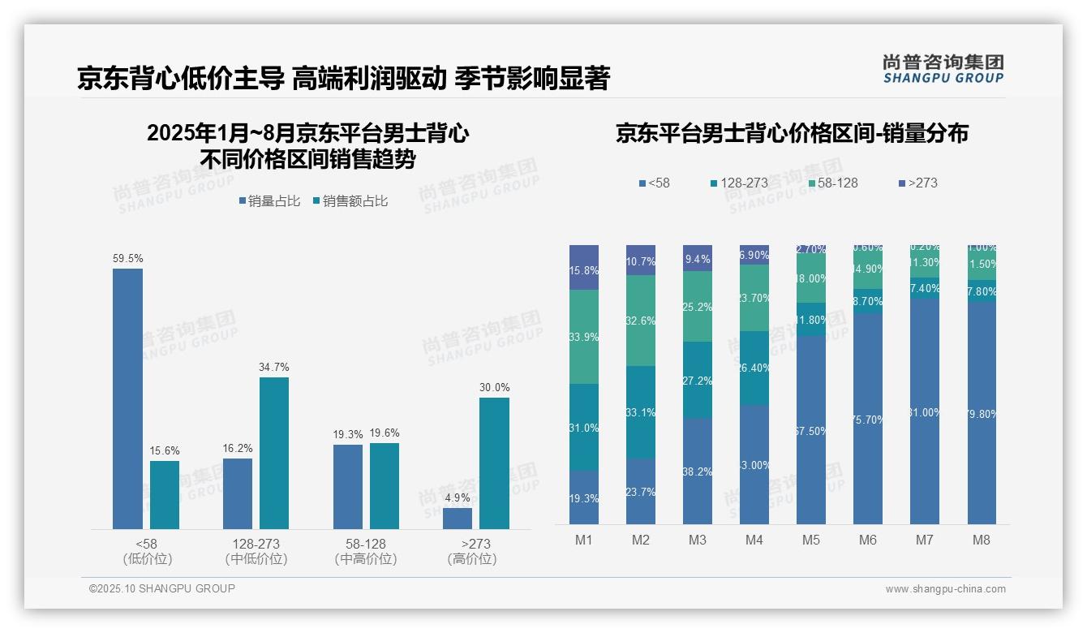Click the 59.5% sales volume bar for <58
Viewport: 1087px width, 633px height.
tap(127, 398)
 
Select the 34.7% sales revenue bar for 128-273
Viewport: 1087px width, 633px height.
tap(274, 453)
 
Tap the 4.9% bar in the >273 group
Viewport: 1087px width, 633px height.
tap(458, 519)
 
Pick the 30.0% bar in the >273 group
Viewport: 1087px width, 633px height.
tap(494, 463)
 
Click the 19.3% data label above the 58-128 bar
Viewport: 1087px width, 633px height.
tap(347, 435)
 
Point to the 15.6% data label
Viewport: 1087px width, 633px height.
tap(165, 450)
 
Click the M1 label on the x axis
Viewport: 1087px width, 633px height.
tap(584, 540)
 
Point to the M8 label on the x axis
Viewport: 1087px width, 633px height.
tap(981, 540)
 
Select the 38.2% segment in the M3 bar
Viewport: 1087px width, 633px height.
tap(698, 471)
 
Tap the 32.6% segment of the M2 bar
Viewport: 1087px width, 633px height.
tap(641, 321)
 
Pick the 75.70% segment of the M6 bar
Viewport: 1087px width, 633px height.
tap(868, 419)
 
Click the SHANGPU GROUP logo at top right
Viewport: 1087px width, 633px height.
tap(943, 69)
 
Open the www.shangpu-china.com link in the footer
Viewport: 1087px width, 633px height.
tap(945, 589)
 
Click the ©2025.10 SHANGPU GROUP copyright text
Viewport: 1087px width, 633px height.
tap(162, 588)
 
